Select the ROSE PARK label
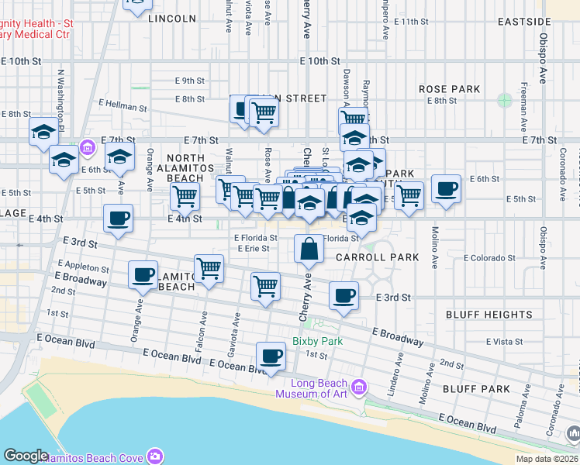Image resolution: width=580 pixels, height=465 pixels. (449, 89)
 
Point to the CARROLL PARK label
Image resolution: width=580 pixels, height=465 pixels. (377, 257)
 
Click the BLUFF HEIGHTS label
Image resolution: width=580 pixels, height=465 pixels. (489, 315)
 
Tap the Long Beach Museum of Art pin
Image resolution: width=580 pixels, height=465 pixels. (358, 386)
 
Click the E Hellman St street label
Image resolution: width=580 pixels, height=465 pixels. (123, 107)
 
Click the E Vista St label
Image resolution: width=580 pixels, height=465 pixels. (504, 341)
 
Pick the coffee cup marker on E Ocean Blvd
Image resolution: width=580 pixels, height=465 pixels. (271, 356)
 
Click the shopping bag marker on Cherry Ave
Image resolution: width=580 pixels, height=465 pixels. (309, 249)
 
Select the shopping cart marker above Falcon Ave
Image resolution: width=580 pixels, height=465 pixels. (209, 270)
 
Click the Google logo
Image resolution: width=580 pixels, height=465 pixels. (26, 456)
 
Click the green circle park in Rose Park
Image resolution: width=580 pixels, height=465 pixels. (505, 100)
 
